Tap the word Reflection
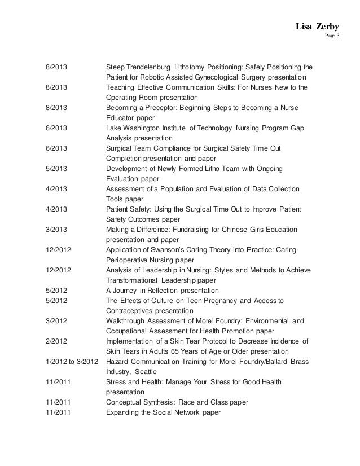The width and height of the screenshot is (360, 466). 163,290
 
